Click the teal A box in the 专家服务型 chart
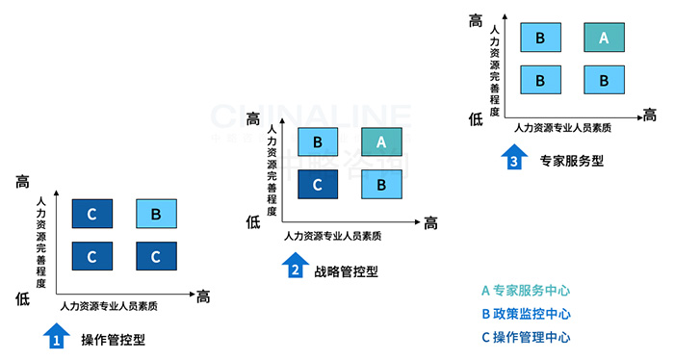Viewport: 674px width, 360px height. (x=604, y=38)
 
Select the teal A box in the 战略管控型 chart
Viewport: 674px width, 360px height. (x=381, y=142)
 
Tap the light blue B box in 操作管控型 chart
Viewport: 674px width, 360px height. (x=156, y=214)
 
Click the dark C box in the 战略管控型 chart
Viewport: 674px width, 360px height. (x=319, y=184)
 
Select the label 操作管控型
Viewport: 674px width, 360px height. (x=114, y=340)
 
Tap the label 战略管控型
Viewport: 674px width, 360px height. (x=346, y=271)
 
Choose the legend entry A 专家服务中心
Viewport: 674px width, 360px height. (x=526, y=290)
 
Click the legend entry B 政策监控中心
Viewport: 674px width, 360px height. (x=526, y=314)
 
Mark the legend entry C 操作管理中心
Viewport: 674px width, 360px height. (x=526, y=337)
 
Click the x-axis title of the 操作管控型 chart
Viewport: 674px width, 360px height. (x=109, y=306)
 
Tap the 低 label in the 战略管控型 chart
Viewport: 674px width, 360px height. (x=253, y=222)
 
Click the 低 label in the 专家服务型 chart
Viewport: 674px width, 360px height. (x=476, y=118)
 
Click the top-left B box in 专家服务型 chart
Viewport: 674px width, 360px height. (x=540, y=38)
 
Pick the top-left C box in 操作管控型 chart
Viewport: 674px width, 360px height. (x=92, y=214)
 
